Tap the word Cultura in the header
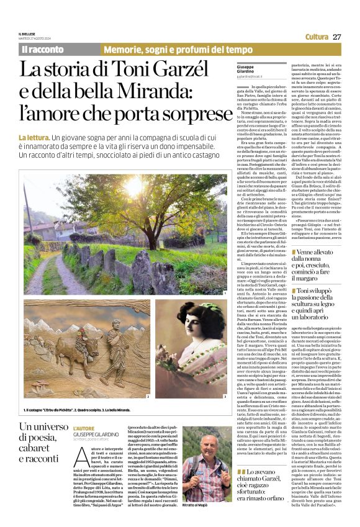317,37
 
